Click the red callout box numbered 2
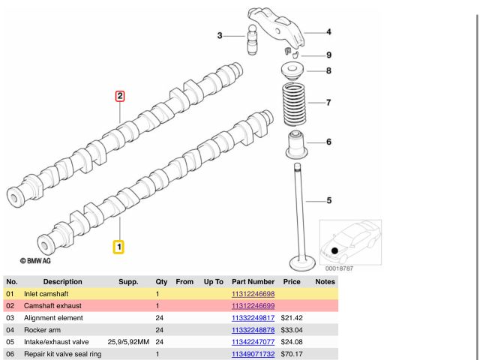coord(119,96)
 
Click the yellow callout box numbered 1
coord(118,246)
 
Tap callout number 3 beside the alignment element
coord(220,35)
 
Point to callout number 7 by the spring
coord(328,102)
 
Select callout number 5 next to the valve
coord(328,200)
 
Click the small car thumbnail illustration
coord(350,242)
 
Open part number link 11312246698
coord(253,295)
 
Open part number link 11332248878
coord(253,330)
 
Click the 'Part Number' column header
coord(253,282)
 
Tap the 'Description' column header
coord(63,282)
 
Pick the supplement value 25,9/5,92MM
coord(128,342)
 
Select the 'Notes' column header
coord(325,282)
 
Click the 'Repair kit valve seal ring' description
coord(63,354)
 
